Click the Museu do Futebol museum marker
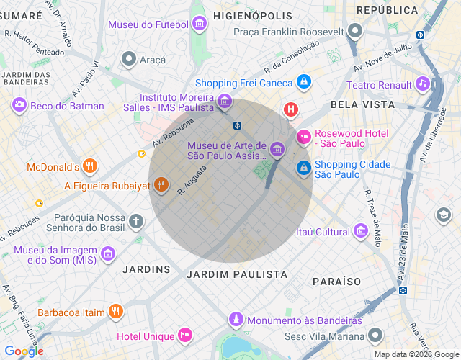click(200, 24)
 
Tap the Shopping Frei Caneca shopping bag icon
click(304, 82)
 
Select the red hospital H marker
click(290, 110)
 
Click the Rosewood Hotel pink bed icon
click(304, 135)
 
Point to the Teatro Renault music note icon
click(423, 84)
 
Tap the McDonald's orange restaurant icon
click(90, 167)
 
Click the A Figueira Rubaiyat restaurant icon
click(161, 185)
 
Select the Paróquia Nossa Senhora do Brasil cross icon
click(137, 220)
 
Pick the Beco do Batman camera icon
click(19, 106)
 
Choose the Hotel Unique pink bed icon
click(185, 336)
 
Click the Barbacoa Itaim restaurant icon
click(115, 312)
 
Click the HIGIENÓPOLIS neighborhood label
click(252, 15)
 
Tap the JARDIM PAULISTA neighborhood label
click(236, 274)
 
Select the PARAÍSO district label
click(336, 280)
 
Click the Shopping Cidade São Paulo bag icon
click(304, 168)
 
